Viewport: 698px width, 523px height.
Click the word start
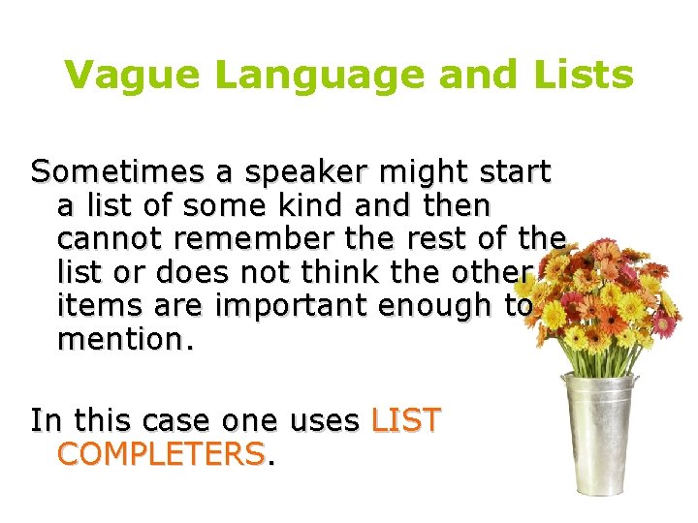tap(515, 173)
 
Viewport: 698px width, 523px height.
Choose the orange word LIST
tap(405, 421)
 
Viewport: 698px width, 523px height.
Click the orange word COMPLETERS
tap(161, 454)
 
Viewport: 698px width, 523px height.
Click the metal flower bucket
tap(601, 436)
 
